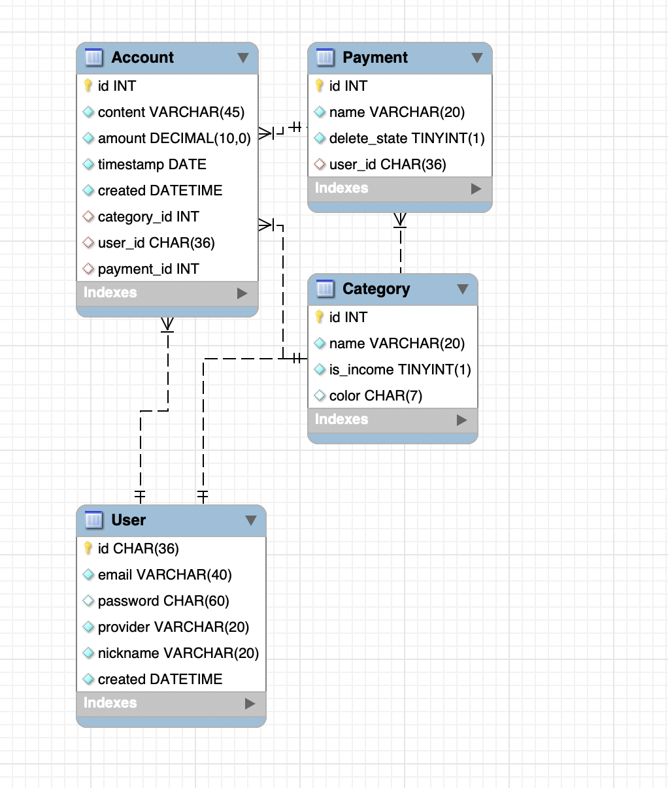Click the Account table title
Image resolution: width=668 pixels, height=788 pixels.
point(142,57)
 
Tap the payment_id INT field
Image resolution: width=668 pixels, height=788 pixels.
point(148,269)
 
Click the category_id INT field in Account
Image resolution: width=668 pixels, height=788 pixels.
point(148,217)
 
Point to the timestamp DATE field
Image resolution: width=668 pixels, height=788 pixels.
point(152,165)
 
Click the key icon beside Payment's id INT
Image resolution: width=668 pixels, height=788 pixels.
point(319,86)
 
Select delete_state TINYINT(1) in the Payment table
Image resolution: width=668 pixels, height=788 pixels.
point(407,139)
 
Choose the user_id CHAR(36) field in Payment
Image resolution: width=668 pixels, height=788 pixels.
point(387,165)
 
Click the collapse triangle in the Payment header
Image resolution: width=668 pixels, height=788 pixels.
point(477,58)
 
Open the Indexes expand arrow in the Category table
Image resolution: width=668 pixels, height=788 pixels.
point(462,420)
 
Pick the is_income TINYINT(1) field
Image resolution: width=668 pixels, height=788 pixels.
point(399,370)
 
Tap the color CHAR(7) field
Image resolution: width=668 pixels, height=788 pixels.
point(375,396)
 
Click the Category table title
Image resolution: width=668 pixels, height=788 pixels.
point(376,289)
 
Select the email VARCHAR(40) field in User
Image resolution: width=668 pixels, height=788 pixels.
point(165,575)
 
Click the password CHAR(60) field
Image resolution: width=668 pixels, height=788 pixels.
point(163,601)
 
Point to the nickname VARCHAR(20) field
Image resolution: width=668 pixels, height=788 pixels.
point(178,653)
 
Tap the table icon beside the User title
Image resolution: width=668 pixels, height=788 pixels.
point(94,520)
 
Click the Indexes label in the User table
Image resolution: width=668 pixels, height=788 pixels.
point(110,703)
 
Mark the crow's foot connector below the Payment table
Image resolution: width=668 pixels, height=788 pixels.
point(400,220)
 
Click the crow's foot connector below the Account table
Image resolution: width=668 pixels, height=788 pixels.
point(168,325)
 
